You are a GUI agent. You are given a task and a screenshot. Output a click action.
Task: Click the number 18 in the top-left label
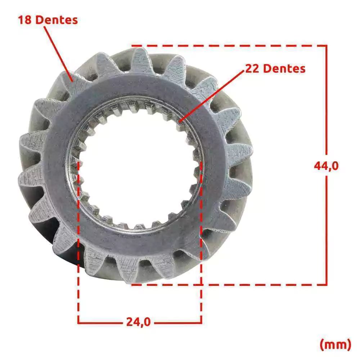pos(25,20)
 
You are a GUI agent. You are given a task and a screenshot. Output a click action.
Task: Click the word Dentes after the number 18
pos(57,20)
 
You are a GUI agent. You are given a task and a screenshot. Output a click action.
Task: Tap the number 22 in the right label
pos(252,68)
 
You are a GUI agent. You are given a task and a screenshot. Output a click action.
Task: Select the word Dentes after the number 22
pos(284,68)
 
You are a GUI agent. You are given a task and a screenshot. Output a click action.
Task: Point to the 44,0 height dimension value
pos(326,166)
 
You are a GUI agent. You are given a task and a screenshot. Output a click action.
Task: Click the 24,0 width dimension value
pos(139,321)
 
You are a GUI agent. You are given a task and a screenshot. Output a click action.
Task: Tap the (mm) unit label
pos(336,345)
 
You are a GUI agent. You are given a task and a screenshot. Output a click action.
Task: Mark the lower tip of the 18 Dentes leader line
pos(73,81)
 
